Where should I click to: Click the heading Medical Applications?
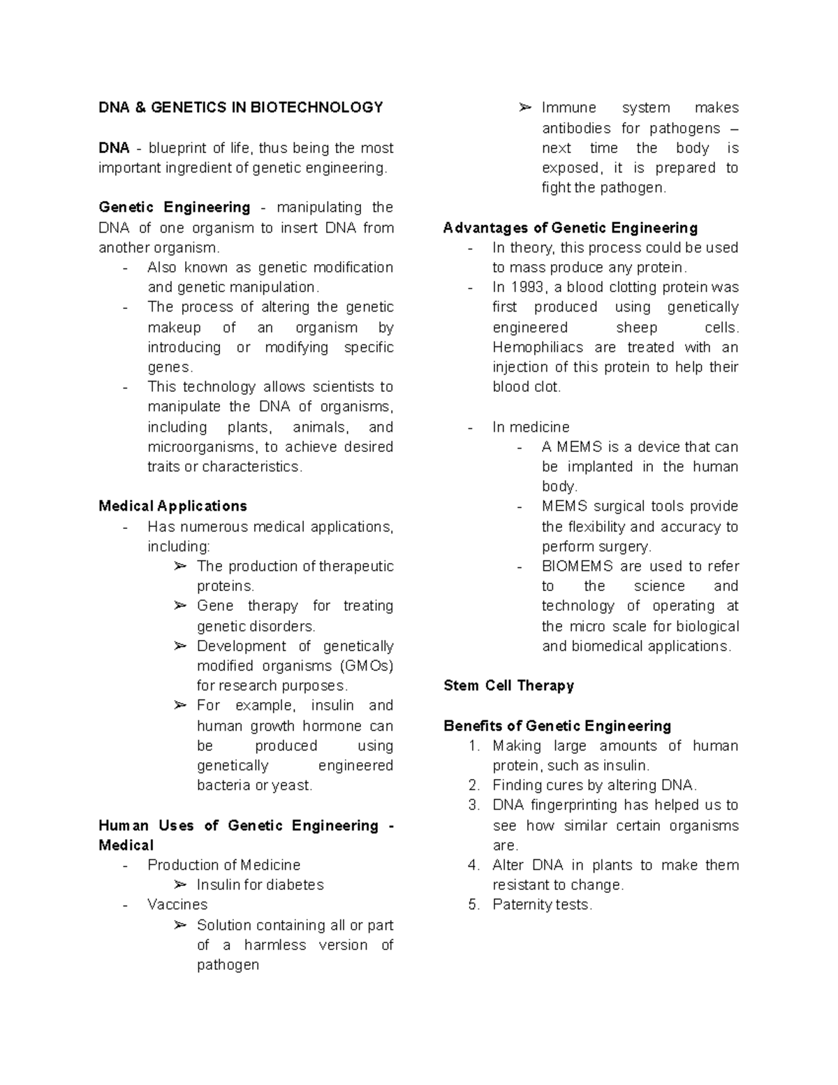pos(172,506)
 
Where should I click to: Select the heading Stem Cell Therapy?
pos(508,685)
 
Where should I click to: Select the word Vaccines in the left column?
pos(177,905)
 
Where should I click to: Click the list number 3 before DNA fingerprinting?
pos(474,806)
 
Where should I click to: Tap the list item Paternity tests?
pos(542,905)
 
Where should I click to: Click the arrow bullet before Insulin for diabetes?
pos(180,885)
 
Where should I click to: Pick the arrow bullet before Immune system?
pos(525,108)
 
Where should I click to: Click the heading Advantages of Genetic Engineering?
pos(571,228)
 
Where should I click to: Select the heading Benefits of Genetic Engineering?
pos(557,726)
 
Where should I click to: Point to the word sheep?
pos(636,328)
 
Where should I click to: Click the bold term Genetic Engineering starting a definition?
pos(175,207)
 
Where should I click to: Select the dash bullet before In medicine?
pos(471,428)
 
